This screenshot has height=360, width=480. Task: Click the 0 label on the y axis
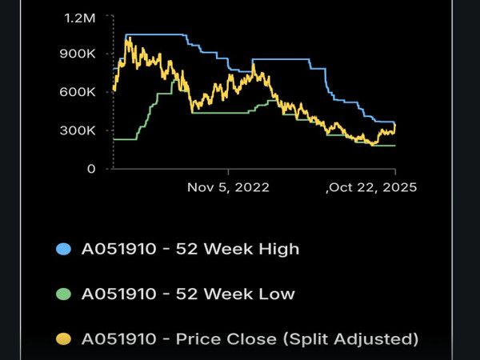[92, 169]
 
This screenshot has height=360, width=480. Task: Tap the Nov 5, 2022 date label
[228, 187]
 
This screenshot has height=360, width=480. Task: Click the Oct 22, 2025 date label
[374, 187]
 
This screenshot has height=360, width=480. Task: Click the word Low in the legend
[275, 294]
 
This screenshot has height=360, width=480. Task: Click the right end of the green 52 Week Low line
[395, 145]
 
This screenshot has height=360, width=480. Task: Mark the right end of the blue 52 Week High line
[395, 122]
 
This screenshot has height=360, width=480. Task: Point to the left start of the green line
[114, 139]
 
